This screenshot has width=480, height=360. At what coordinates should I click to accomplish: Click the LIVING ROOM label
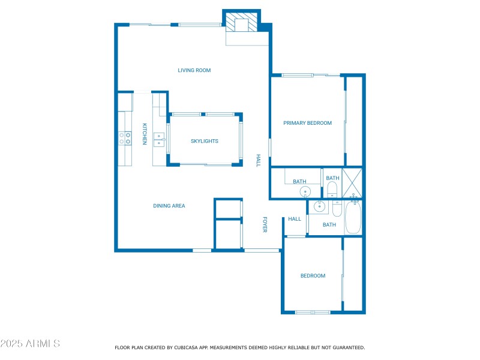194,70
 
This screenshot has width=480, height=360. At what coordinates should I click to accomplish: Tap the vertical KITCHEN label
145,134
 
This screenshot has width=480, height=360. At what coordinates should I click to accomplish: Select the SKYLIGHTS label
204,141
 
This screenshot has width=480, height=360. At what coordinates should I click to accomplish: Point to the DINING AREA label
169,206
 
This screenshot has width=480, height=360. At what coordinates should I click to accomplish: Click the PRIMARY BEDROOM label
307,123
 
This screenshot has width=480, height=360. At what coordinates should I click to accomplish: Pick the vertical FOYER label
264,225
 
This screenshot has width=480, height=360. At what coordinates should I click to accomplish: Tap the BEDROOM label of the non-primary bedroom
313,276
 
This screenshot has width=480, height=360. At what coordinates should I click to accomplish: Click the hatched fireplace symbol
242,23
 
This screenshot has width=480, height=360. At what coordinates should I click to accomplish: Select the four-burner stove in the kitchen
125,139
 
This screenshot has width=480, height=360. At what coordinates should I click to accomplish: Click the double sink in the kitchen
159,139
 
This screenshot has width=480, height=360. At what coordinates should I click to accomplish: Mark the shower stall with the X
352,183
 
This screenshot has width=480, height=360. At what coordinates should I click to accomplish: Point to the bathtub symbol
353,217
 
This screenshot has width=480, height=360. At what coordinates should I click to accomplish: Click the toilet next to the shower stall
332,190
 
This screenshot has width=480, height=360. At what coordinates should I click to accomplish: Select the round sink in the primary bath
305,192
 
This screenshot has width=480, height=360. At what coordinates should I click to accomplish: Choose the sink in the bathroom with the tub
320,206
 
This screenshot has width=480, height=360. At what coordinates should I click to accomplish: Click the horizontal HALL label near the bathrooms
294,219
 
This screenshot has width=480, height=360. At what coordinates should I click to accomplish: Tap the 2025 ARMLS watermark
30,344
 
